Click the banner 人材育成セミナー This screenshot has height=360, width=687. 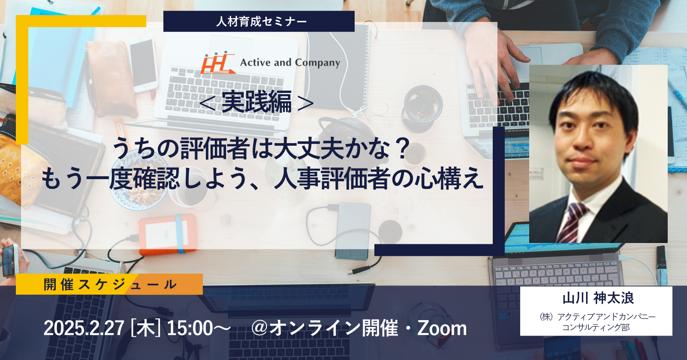[x=259, y=21]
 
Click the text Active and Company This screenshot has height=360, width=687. [x=290, y=63]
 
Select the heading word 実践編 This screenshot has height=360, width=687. [x=256, y=102]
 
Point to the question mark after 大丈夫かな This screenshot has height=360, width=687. [x=401, y=149]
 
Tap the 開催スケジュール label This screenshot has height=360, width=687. [x=110, y=285]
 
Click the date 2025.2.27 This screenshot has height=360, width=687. [x=84, y=328]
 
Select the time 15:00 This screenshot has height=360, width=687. [x=190, y=328]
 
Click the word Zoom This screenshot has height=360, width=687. [x=442, y=328]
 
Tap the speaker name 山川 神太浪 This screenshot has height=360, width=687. [x=598, y=298]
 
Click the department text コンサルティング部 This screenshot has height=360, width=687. [x=596, y=327]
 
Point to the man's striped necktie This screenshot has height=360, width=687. [x=570, y=222]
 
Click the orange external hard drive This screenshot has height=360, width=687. [x=168, y=234]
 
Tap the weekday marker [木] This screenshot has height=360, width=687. [x=146, y=328]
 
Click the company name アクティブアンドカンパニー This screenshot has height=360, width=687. [x=607, y=317]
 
